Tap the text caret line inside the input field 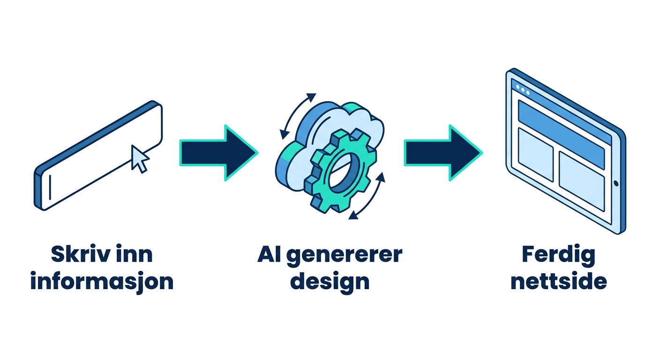click(x=50, y=187)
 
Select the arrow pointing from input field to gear click(x=218, y=153)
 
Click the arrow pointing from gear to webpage click(x=443, y=153)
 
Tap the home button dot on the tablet click(x=616, y=183)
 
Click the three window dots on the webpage click(x=523, y=90)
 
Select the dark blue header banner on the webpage click(x=561, y=135)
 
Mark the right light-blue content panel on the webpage click(x=582, y=181)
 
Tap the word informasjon click(x=102, y=282)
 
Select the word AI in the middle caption click(x=269, y=254)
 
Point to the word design click(x=330, y=282)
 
